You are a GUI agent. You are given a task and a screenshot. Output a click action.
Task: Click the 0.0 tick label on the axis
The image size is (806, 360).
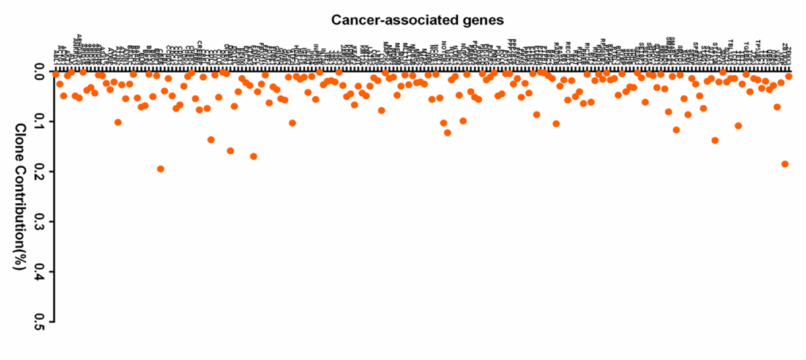41,73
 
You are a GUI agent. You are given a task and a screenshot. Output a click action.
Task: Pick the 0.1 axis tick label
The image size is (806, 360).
41,122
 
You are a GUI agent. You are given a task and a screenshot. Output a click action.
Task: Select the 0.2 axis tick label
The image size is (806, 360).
41,172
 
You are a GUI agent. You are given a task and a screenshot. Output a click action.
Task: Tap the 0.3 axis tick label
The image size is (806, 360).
41,222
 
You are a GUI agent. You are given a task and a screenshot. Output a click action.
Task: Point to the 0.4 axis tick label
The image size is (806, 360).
41,271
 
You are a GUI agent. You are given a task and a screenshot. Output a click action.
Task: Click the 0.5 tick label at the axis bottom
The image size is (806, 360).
41,321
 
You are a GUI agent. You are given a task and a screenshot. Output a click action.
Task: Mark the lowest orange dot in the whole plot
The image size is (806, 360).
160,169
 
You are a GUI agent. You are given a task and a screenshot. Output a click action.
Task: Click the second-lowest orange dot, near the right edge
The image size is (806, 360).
785,164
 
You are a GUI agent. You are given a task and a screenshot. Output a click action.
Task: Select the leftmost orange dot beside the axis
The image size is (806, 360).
56,74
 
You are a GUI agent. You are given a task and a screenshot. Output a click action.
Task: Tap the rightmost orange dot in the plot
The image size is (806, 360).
789,76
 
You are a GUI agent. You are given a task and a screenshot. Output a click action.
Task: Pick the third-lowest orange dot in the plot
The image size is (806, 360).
253,156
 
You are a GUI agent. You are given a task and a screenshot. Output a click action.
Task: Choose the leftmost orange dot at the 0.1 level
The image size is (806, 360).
118,122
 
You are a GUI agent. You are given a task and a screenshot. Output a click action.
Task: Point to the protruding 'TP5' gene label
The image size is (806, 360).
757,45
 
